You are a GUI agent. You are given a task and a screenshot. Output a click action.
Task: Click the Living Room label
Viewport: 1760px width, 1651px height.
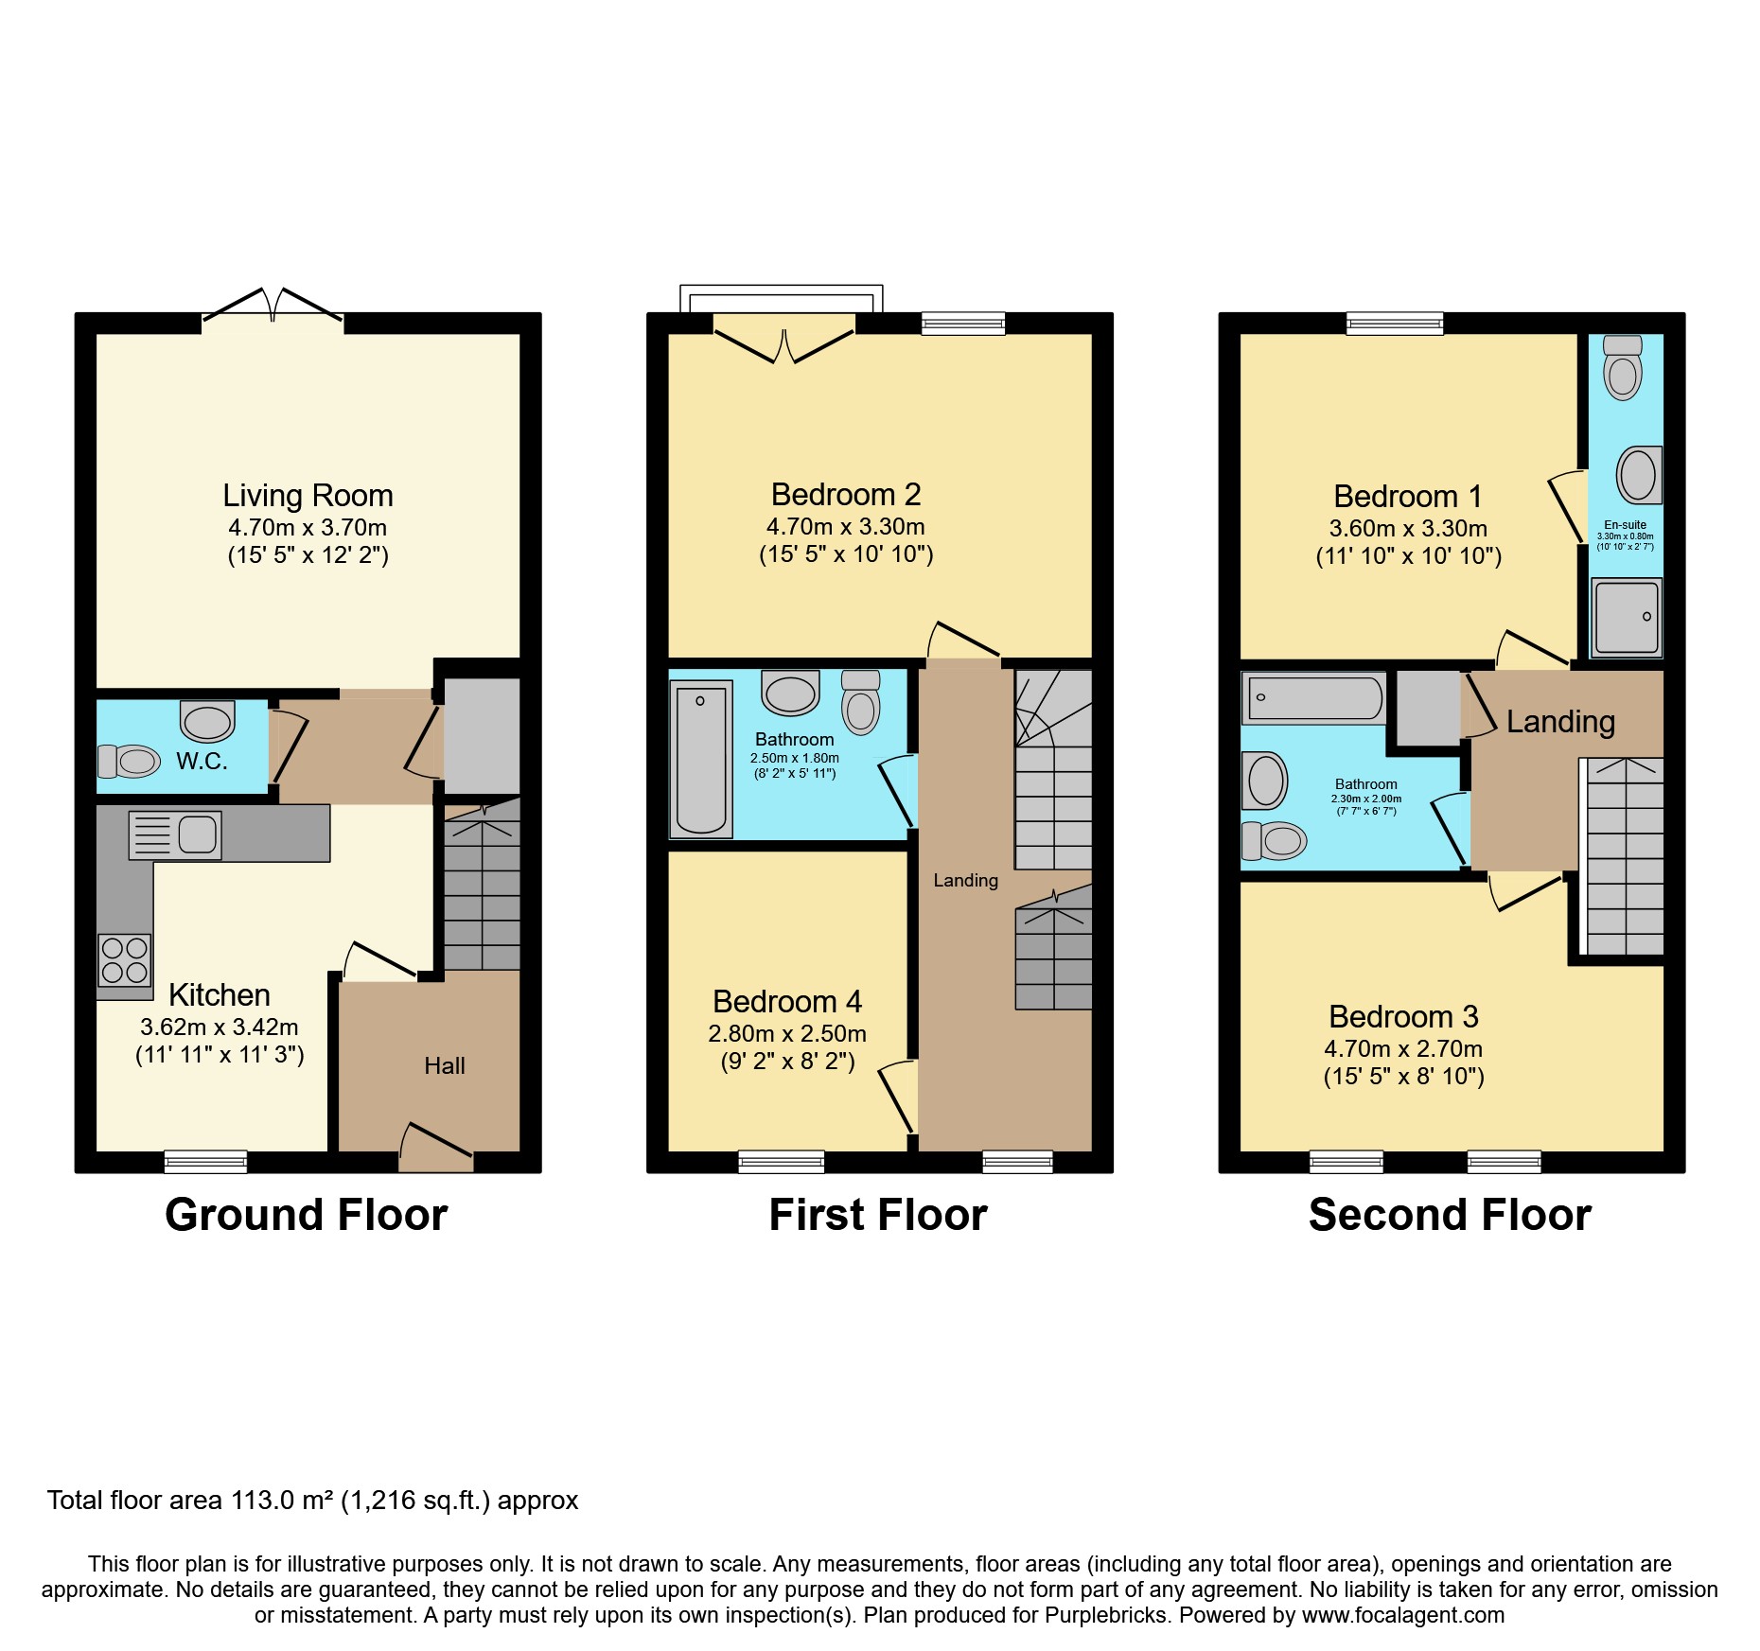tap(308, 496)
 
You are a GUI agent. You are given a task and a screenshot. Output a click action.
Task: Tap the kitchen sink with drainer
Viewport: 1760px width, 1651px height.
tap(176, 835)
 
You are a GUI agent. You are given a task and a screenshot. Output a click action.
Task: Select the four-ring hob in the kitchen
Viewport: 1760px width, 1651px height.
tap(125, 959)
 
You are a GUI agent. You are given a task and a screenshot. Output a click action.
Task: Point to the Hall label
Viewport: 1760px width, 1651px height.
tap(444, 1066)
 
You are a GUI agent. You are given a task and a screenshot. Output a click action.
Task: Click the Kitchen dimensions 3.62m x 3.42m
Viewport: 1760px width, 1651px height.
tap(220, 1027)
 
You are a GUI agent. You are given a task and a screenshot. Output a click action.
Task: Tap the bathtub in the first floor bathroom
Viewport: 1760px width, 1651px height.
tap(701, 760)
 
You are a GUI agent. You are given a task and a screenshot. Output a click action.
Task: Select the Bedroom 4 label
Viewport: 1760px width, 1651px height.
tap(786, 1002)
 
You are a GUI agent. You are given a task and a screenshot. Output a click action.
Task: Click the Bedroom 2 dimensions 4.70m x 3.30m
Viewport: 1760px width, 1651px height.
tap(845, 527)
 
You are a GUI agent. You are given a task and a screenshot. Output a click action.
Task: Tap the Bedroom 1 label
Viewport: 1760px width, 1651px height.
tap(1407, 497)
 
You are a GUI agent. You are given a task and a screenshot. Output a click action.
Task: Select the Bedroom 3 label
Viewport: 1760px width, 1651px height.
tap(1403, 1017)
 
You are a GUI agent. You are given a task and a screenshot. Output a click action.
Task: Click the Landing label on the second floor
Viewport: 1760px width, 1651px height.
tap(1560, 722)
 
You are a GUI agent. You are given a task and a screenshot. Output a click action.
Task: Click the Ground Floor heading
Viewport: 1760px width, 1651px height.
tap(306, 1215)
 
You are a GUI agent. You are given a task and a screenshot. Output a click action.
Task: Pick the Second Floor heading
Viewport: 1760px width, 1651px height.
tap(1450, 1215)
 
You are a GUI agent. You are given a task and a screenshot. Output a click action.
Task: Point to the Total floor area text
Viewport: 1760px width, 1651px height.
tap(312, 1501)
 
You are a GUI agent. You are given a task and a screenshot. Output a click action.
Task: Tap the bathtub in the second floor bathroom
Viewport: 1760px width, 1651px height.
tap(1313, 699)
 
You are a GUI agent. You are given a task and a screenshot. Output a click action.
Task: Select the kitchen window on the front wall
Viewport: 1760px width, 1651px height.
tap(205, 1161)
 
